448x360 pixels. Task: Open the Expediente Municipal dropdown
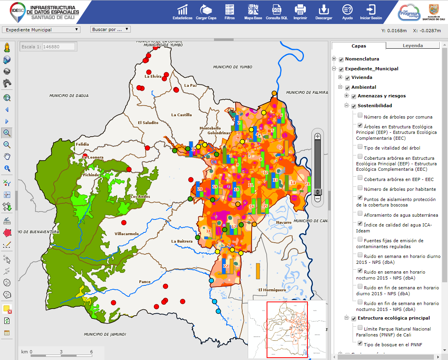41,29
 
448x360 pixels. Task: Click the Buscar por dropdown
110,29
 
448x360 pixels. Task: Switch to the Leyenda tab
412,46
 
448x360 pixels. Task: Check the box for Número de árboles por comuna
360,115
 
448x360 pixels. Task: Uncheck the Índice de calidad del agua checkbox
360,223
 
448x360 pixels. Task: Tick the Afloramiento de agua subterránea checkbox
360,214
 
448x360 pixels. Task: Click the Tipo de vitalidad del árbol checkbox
360,146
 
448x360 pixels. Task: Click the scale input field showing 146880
58,46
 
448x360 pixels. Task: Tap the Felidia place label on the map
82,144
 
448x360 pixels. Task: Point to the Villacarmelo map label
126,234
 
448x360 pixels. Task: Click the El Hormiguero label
272,290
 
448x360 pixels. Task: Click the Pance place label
144,281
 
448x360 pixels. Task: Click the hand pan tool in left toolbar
7,156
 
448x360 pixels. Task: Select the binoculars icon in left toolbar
7,83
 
